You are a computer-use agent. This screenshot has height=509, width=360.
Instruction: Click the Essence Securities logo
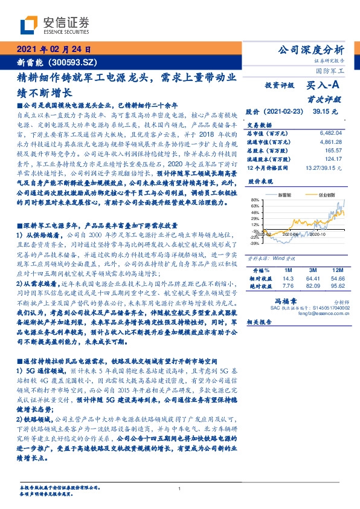(55, 25)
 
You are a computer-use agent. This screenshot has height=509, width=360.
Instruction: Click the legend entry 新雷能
(285, 195)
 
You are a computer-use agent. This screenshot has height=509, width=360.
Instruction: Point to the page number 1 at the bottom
(180, 488)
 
